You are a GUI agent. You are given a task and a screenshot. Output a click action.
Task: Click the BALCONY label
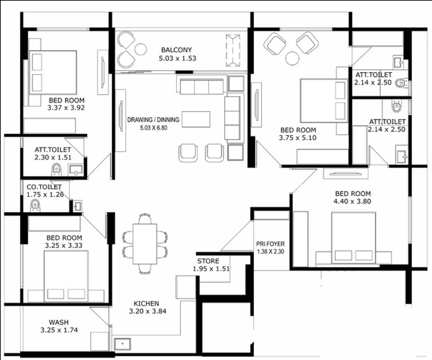(x=177, y=50)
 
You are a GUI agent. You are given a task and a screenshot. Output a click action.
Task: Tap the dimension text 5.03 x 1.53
(x=178, y=58)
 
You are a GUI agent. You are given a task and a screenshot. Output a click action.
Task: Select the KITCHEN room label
(x=146, y=303)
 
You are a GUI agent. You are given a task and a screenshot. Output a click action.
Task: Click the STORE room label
(x=208, y=261)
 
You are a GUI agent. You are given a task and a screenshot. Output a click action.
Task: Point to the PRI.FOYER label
(x=271, y=244)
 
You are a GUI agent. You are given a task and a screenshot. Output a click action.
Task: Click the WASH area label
(x=59, y=322)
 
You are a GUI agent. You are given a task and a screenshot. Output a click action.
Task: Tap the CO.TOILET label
(x=44, y=187)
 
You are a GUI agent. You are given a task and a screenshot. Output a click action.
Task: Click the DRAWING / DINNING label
(x=153, y=120)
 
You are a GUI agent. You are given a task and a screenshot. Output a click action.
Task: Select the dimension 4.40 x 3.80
(x=353, y=201)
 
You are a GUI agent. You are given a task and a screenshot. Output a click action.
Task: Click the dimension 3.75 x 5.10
(x=298, y=138)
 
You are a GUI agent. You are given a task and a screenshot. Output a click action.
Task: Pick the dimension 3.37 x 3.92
(x=66, y=108)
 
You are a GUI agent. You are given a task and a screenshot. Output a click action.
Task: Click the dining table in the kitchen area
(x=145, y=244)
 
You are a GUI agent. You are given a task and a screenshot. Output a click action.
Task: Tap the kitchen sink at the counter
(x=123, y=344)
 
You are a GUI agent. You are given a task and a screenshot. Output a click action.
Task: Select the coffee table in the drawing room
(x=195, y=119)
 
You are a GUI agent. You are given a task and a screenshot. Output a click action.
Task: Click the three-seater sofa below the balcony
(x=201, y=86)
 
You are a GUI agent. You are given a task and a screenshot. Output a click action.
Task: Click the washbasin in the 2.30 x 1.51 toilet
(x=76, y=169)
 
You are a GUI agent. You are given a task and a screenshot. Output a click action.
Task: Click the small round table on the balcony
(x=141, y=49)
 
